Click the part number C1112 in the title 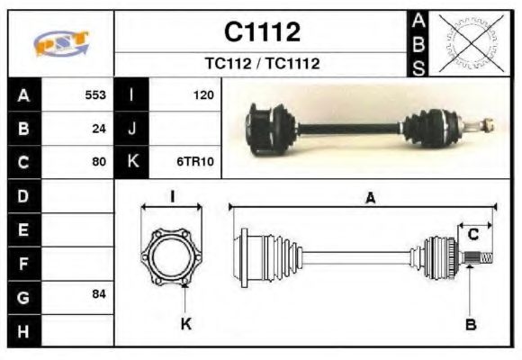coord(262,32)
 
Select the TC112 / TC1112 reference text coord(262,64)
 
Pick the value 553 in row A coord(95,94)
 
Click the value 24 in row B coord(99,128)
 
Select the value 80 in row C coord(99,162)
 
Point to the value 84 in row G coord(99,295)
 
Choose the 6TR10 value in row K coord(194,162)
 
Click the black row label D coord(23,195)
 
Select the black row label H coord(23,330)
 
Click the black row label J coord(131,128)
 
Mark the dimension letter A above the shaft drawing coord(370,198)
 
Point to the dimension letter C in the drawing coord(472,235)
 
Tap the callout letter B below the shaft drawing coord(471,324)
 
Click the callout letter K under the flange coord(185,324)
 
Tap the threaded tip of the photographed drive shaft coord(487,124)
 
